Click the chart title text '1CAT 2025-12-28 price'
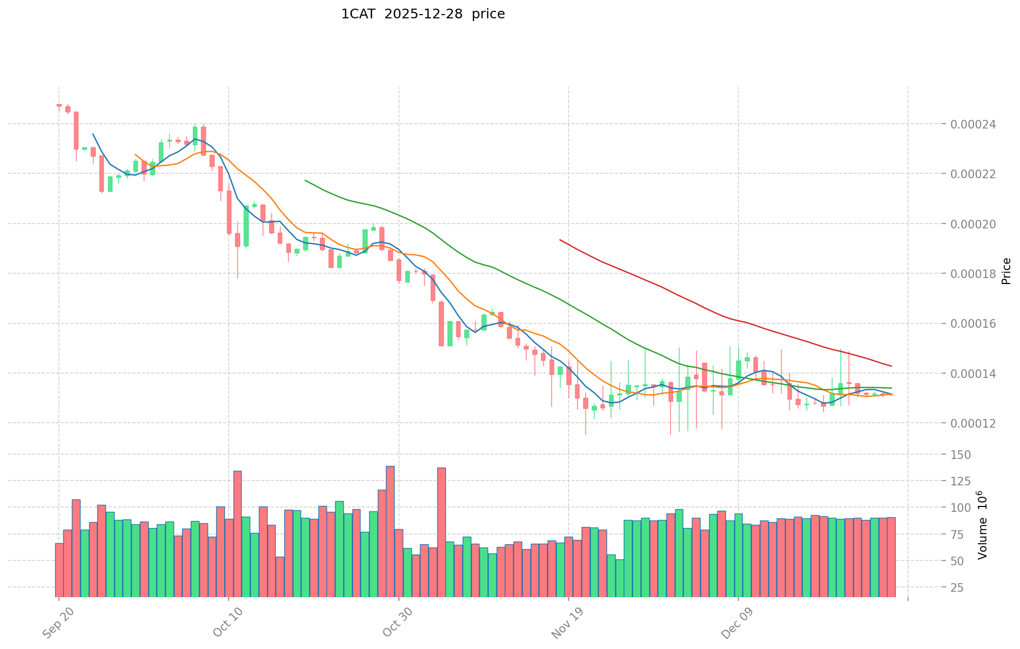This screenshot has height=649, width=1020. tap(423, 14)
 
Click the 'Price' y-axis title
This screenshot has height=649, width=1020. tap(1006, 271)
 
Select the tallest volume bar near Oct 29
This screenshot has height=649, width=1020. tap(390, 531)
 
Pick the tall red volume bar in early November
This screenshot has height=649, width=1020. tap(441, 532)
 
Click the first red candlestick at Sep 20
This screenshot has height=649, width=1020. tap(59, 105)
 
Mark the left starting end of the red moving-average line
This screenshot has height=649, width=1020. tap(560, 240)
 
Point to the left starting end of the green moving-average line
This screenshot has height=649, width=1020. tap(305, 180)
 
